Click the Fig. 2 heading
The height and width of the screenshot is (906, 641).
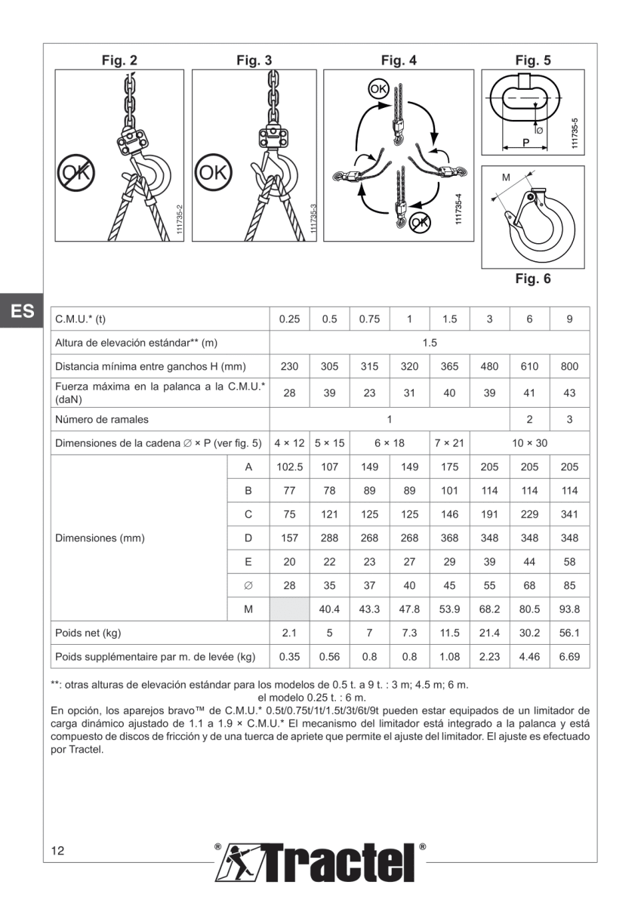click(x=119, y=60)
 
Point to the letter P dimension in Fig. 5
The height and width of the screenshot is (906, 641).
click(x=525, y=142)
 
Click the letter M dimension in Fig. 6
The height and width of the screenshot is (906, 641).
click(x=506, y=177)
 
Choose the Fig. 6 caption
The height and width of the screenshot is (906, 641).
click(x=532, y=279)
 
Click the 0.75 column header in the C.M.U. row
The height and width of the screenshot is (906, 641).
click(x=369, y=319)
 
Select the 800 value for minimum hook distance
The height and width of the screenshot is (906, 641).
click(x=569, y=367)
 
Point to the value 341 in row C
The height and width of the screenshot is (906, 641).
click(x=569, y=515)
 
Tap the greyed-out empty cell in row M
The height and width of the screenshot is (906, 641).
click(x=289, y=609)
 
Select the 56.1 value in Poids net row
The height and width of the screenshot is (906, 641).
click(x=569, y=633)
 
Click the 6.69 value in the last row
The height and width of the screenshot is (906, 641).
click(x=569, y=657)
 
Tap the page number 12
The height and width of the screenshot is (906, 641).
click(x=58, y=851)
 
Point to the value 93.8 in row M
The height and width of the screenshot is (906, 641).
click(x=569, y=609)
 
